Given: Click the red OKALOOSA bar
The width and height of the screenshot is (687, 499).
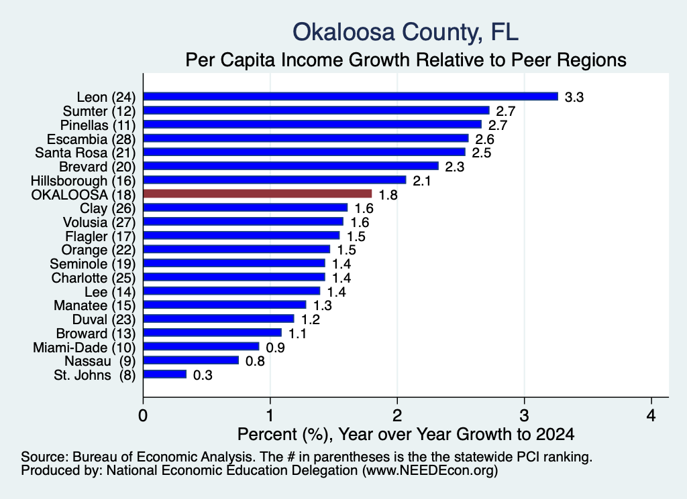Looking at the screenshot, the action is coord(258,194).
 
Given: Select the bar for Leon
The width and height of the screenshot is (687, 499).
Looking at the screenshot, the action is coord(351,96).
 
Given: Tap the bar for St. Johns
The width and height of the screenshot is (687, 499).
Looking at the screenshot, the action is coord(165,374).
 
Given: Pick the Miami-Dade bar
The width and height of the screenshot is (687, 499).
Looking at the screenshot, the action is coord(201,346).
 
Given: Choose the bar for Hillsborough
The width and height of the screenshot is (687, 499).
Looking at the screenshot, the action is coord(274,180).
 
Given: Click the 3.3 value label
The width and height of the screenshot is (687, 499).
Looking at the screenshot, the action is coord(574,97).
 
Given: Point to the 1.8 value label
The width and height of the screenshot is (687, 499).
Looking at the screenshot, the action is coord(388,195).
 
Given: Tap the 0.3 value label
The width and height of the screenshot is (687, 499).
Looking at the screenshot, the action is coord(203,375).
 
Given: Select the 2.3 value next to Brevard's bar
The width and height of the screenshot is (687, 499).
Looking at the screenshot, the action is coord(454,167).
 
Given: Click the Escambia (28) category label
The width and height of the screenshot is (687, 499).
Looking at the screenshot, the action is coord(91,139).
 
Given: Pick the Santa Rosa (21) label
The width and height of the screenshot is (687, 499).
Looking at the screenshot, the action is coord(85,153).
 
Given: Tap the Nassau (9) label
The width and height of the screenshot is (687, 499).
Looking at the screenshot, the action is coord(101,361).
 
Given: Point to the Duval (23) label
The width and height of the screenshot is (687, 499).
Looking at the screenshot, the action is coord(104,319).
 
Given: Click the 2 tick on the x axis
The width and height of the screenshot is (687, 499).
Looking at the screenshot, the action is coord(397,415).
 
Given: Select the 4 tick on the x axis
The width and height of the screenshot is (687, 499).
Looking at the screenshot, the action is coord(651,415).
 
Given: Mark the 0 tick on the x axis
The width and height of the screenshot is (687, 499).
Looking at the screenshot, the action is coord(143,415).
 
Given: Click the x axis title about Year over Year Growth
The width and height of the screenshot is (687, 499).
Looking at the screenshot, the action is coord(406,434).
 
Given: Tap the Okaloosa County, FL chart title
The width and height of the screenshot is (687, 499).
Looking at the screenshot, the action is coord(406,32).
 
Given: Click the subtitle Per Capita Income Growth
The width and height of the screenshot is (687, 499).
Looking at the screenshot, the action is coord(406,60).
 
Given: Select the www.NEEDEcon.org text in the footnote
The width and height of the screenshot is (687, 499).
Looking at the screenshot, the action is coord(430,470).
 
